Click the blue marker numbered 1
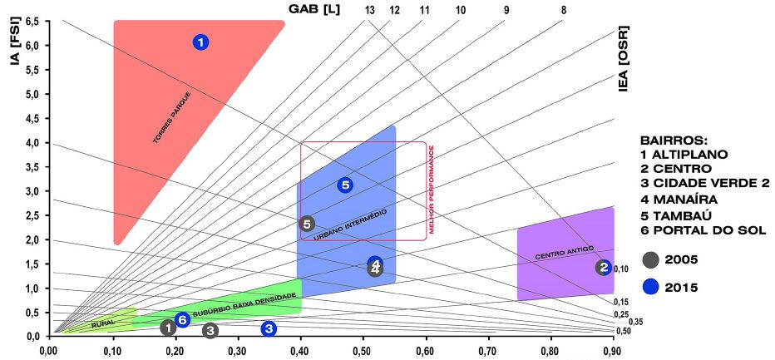point(200,42)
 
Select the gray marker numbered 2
point(603,267)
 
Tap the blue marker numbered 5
point(346,185)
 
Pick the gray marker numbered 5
point(307,224)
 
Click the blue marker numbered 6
point(183,319)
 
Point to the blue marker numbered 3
point(269,328)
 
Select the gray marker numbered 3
point(210,331)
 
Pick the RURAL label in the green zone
point(102,322)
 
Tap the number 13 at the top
point(370,10)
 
